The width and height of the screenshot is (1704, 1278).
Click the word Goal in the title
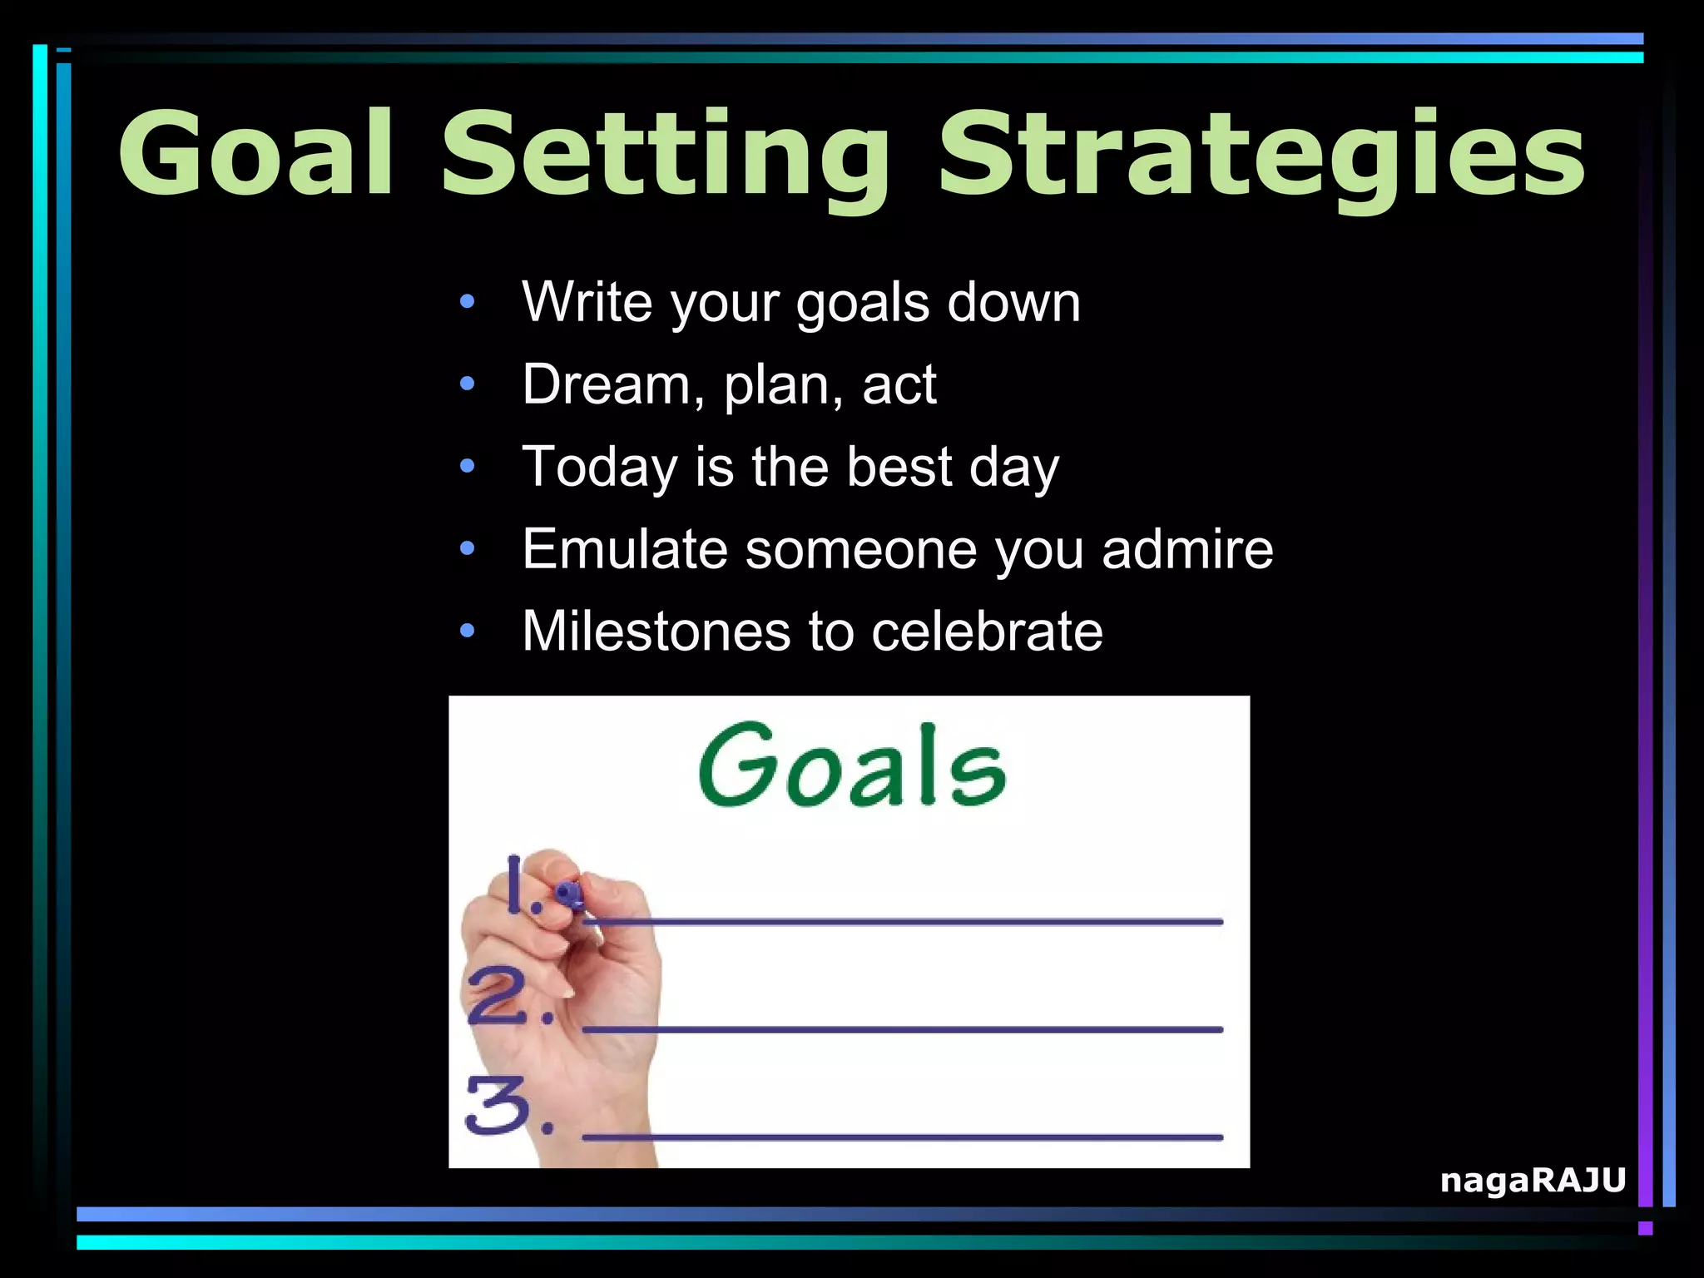pyautogui.click(x=255, y=155)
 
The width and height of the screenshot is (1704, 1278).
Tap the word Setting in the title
pyautogui.click(x=666, y=158)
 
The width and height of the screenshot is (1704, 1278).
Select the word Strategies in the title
pyautogui.click(x=1261, y=158)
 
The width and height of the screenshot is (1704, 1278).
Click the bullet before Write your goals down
pyautogui.click(x=468, y=302)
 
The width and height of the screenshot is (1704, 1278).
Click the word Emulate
pyautogui.click(x=624, y=549)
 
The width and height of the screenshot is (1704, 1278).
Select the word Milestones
pyautogui.click(x=656, y=631)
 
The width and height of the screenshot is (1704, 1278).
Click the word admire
pyautogui.click(x=1187, y=549)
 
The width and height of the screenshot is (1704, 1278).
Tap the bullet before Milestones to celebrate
pyautogui.click(x=468, y=631)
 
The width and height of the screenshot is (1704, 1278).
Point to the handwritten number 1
pyautogui.click(x=516, y=885)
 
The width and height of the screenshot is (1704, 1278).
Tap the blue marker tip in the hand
pyautogui.click(x=570, y=894)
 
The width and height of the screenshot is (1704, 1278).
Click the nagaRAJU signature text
pyautogui.click(x=1533, y=1180)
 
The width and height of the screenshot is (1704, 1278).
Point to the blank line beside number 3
pyautogui.click(x=902, y=1137)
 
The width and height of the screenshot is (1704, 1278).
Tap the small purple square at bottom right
pyautogui.click(x=1645, y=1228)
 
